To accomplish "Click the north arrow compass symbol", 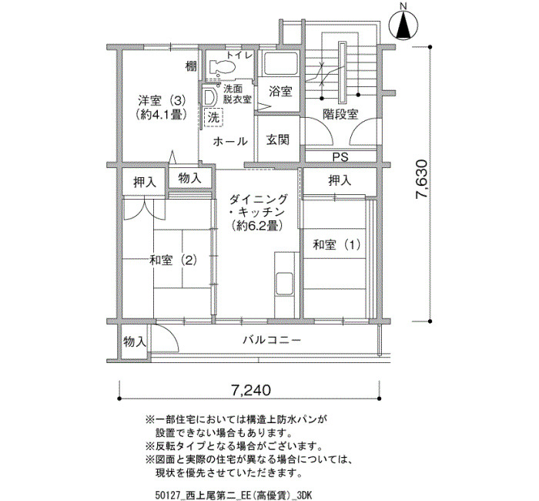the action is click(x=403, y=25).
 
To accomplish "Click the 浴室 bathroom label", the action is click(x=280, y=92).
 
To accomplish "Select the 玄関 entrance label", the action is click(x=278, y=140).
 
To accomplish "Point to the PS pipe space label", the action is click(x=340, y=157).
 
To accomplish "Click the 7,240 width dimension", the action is click(x=251, y=390).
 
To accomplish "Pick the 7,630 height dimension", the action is click(x=421, y=179).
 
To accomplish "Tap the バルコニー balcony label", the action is click(x=272, y=341).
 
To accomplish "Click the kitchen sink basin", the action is click(x=284, y=283).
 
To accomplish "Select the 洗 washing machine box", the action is click(x=213, y=118).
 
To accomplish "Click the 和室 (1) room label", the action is click(x=336, y=245).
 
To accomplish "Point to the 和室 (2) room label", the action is click(x=173, y=261).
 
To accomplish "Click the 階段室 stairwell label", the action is click(x=340, y=114).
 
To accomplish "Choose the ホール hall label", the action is click(x=230, y=141).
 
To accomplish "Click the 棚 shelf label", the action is click(x=191, y=66).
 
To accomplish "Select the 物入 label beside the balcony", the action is click(x=135, y=342).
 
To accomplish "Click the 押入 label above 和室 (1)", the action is click(x=340, y=180).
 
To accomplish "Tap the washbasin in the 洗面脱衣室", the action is click(x=209, y=97).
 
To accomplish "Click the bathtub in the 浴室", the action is click(x=280, y=63).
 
